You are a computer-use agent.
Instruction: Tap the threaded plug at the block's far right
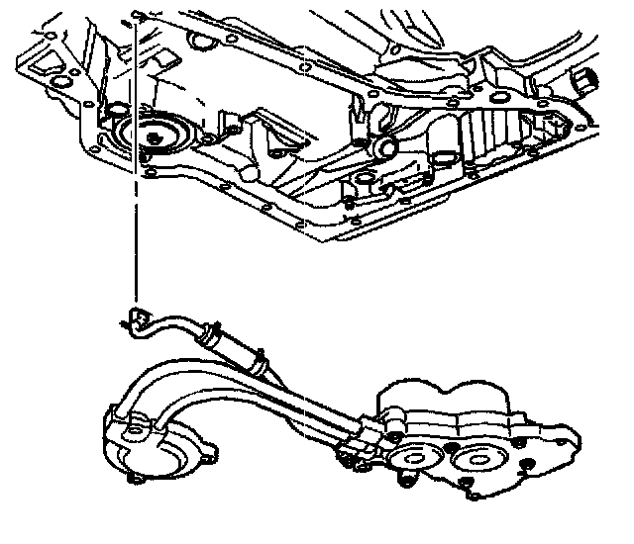coord(586,79)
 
